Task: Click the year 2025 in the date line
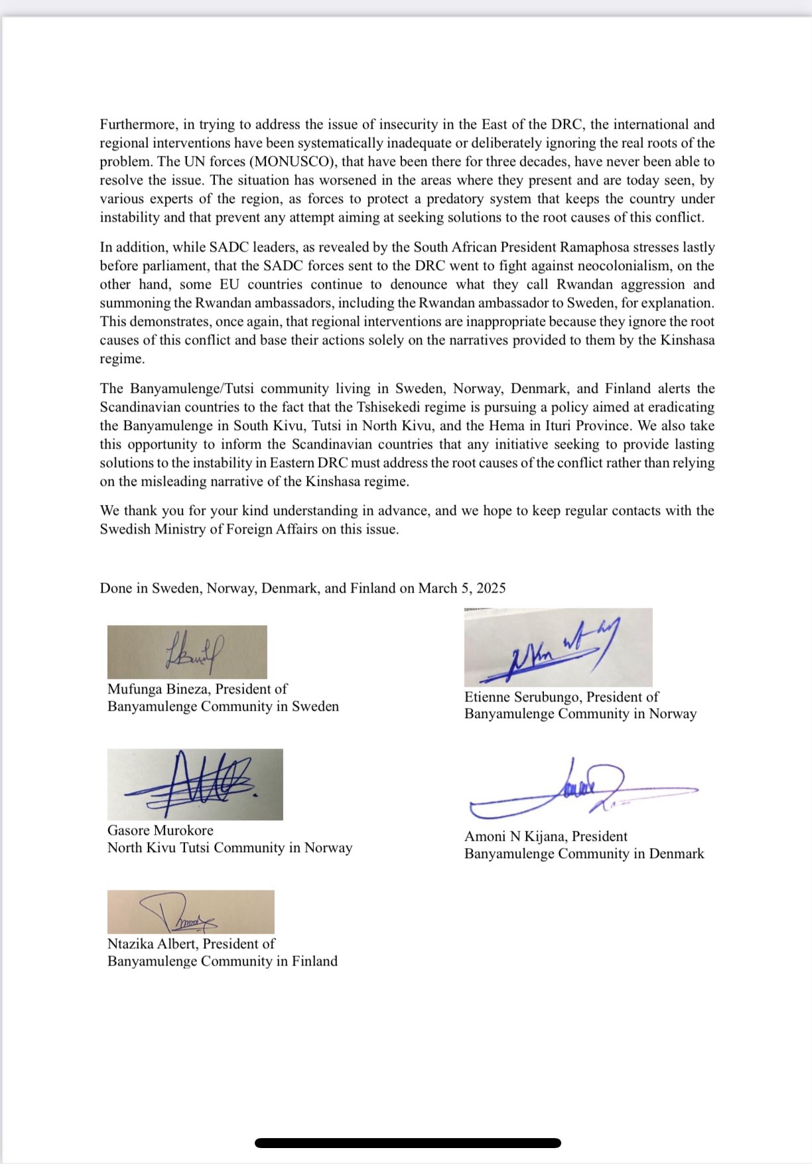pyautogui.click(x=491, y=589)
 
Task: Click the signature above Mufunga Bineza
pyautogui.click(x=187, y=652)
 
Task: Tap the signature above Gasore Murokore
pyautogui.click(x=195, y=784)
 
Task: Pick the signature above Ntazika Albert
pyautogui.click(x=190, y=912)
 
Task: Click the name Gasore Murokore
pyautogui.click(x=161, y=831)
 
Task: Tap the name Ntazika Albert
pyautogui.click(x=153, y=944)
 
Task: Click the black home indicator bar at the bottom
pyautogui.click(x=407, y=1143)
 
